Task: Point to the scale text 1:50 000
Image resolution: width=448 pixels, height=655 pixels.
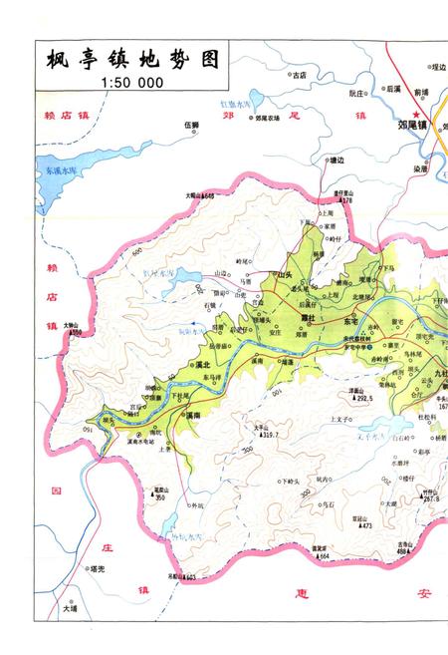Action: point(130,83)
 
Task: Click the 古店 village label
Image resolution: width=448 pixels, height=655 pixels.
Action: point(298,74)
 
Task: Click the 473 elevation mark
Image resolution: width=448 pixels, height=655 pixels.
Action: point(365,525)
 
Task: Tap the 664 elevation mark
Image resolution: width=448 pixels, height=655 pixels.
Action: point(324,555)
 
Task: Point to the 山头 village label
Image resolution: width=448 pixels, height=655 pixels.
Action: point(287,273)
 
